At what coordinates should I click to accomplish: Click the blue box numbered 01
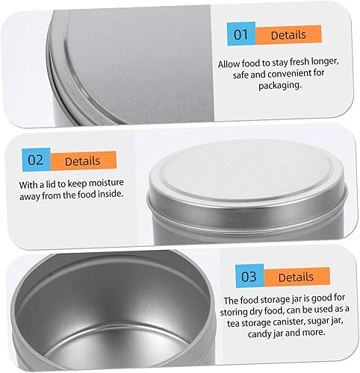pos(241,34)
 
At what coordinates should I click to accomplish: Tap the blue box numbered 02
pos(36,160)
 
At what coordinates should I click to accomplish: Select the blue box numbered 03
pos(249,276)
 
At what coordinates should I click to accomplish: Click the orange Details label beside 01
pos(288,34)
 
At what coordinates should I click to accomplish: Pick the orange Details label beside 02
pos(83,160)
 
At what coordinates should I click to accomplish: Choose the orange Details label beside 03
pos(297,277)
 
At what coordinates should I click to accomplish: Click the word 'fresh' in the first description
pos(299,61)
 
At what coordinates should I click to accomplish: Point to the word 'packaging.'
pos(280,86)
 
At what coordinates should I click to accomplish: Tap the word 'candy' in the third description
pos(260,333)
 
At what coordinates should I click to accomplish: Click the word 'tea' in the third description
pos(233,323)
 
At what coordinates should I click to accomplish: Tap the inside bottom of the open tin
pos(117,348)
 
